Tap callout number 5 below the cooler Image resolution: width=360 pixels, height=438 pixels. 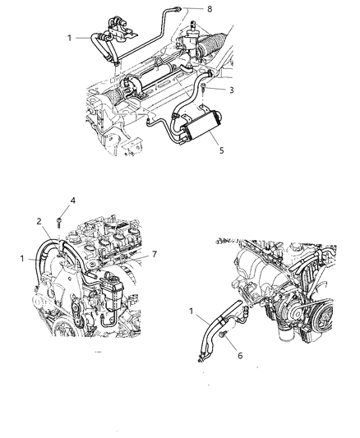tap(218, 150)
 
